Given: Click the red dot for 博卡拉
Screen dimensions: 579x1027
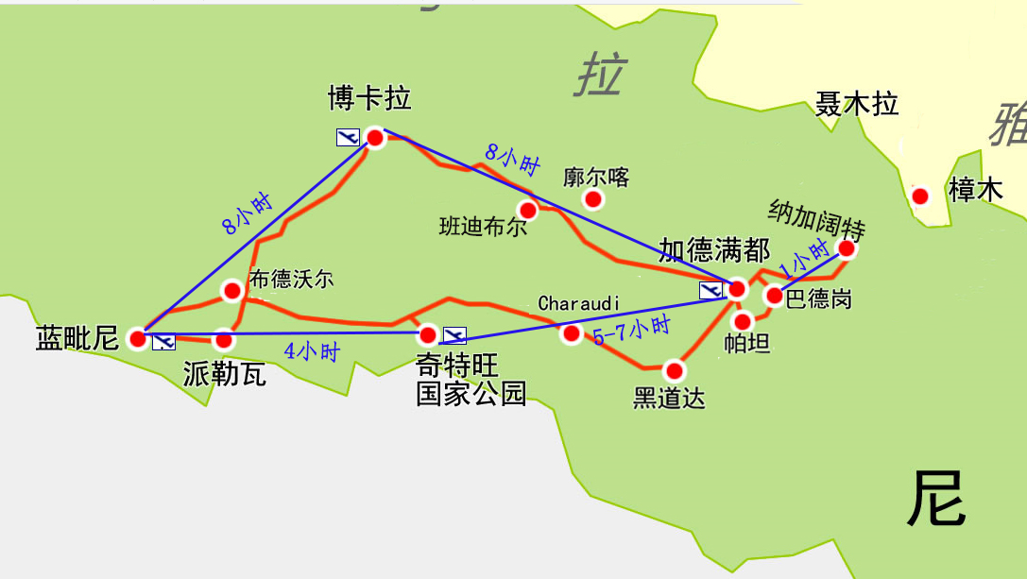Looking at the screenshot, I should pyautogui.click(x=375, y=138).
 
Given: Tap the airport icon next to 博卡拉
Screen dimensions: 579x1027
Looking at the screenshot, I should pyautogui.click(x=348, y=137).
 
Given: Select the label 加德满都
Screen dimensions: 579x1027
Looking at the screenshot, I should pyautogui.click(x=714, y=250).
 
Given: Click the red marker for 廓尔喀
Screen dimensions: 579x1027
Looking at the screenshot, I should pyautogui.click(x=593, y=198).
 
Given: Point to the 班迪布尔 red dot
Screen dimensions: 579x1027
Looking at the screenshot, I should pyautogui.click(x=527, y=209).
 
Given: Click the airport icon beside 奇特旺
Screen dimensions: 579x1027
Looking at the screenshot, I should pyautogui.click(x=455, y=335).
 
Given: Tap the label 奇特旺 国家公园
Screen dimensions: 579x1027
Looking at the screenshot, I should pyautogui.click(x=471, y=380).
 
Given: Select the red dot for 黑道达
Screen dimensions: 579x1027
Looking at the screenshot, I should pyautogui.click(x=674, y=369).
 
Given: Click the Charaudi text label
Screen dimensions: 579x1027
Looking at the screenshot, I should pyautogui.click(x=578, y=303).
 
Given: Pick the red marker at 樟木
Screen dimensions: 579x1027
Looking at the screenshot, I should pyautogui.click(x=919, y=196).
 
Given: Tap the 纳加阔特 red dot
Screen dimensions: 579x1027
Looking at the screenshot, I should pyautogui.click(x=847, y=248).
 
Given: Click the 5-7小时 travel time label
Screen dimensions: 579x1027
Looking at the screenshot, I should pyautogui.click(x=631, y=331).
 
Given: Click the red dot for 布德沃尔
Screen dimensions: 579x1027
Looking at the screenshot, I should pyautogui.click(x=231, y=290).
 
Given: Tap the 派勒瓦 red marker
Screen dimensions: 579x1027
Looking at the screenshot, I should pyautogui.click(x=224, y=339).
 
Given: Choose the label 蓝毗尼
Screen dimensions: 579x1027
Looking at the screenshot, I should pyautogui.click(x=77, y=337).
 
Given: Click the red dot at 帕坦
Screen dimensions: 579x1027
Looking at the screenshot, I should pyautogui.click(x=743, y=321).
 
